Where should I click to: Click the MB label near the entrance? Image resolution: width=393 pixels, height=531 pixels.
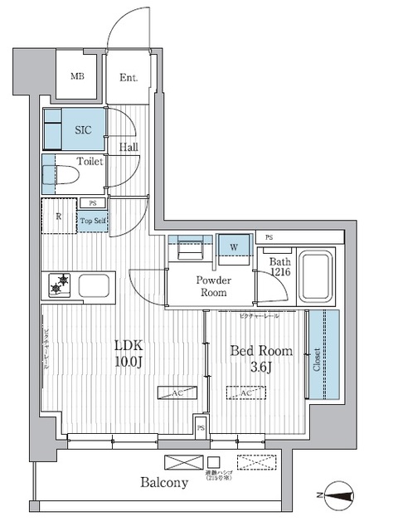click(77, 77)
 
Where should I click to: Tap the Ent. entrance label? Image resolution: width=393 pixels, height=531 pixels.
click(129, 79)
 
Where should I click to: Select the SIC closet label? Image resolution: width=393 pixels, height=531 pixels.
click(83, 130)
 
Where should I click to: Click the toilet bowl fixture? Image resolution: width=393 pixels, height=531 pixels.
click(65, 176)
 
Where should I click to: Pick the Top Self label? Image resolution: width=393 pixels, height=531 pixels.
click(92, 220)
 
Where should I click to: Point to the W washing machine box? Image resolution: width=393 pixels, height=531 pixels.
click(235, 246)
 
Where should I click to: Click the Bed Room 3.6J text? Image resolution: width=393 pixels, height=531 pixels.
click(260, 358)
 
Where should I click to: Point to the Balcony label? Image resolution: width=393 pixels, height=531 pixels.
click(163, 481)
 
